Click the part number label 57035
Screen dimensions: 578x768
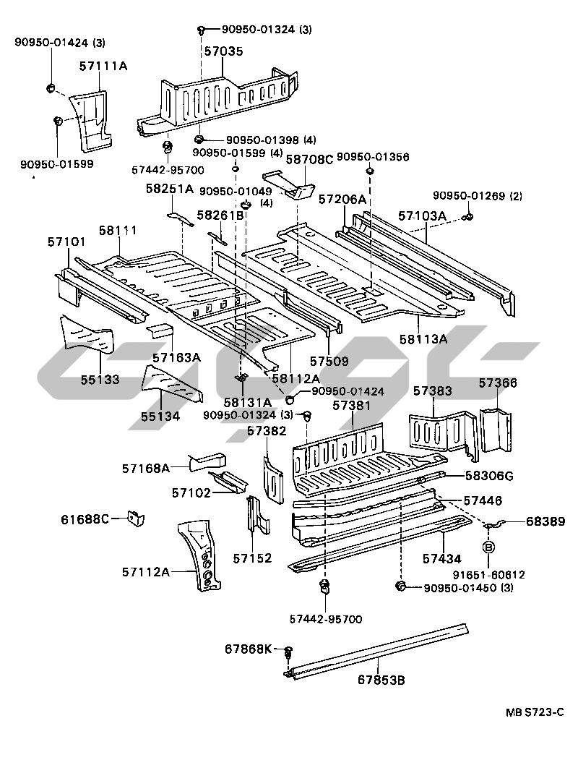tap(223, 51)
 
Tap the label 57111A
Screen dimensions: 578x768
tap(103, 66)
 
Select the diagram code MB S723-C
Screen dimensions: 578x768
tap(535, 712)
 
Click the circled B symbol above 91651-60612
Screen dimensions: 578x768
tap(490, 547)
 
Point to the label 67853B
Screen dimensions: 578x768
tap(381, 680)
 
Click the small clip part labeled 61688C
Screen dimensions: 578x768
tap(136, 518)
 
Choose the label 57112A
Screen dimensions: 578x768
tap(145, 571)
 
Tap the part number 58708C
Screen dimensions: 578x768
tap(309, 159)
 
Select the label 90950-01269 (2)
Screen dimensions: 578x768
tap(477, 197)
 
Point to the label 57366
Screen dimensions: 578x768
tap(498, 383)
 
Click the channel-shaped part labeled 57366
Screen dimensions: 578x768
tap(496, 430)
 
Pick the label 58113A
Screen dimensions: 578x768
tap(423, 339)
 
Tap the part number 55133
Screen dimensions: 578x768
tap(100, 380)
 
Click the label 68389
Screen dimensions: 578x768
tap(545, 521)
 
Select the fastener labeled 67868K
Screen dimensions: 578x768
tap(288, 651)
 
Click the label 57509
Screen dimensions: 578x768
tap(329, 362)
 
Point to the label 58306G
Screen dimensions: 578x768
tap(489, 476)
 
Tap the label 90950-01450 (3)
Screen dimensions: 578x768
tap(468, 588)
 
